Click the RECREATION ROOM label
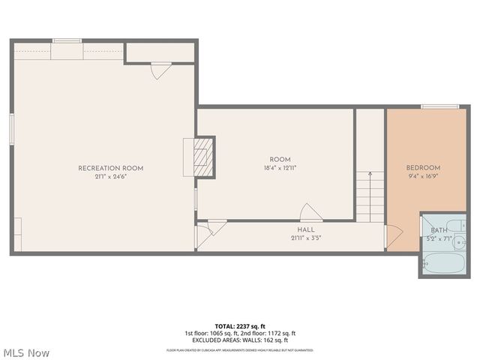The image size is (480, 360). click(110, 168)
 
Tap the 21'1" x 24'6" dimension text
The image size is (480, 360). click(110, 177)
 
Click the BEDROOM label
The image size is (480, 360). click(423, 168)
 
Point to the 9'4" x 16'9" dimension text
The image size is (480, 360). click(423, 177)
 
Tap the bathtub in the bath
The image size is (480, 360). click(443, 264)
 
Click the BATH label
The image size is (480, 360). click(439, 229)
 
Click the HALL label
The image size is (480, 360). click(306, 229)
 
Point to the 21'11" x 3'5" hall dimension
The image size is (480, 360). click(306, 238)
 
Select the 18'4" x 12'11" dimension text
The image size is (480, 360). click(280, 169)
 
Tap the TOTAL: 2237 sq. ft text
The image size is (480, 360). click(240, 326)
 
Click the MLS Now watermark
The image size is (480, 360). click(25, 352)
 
